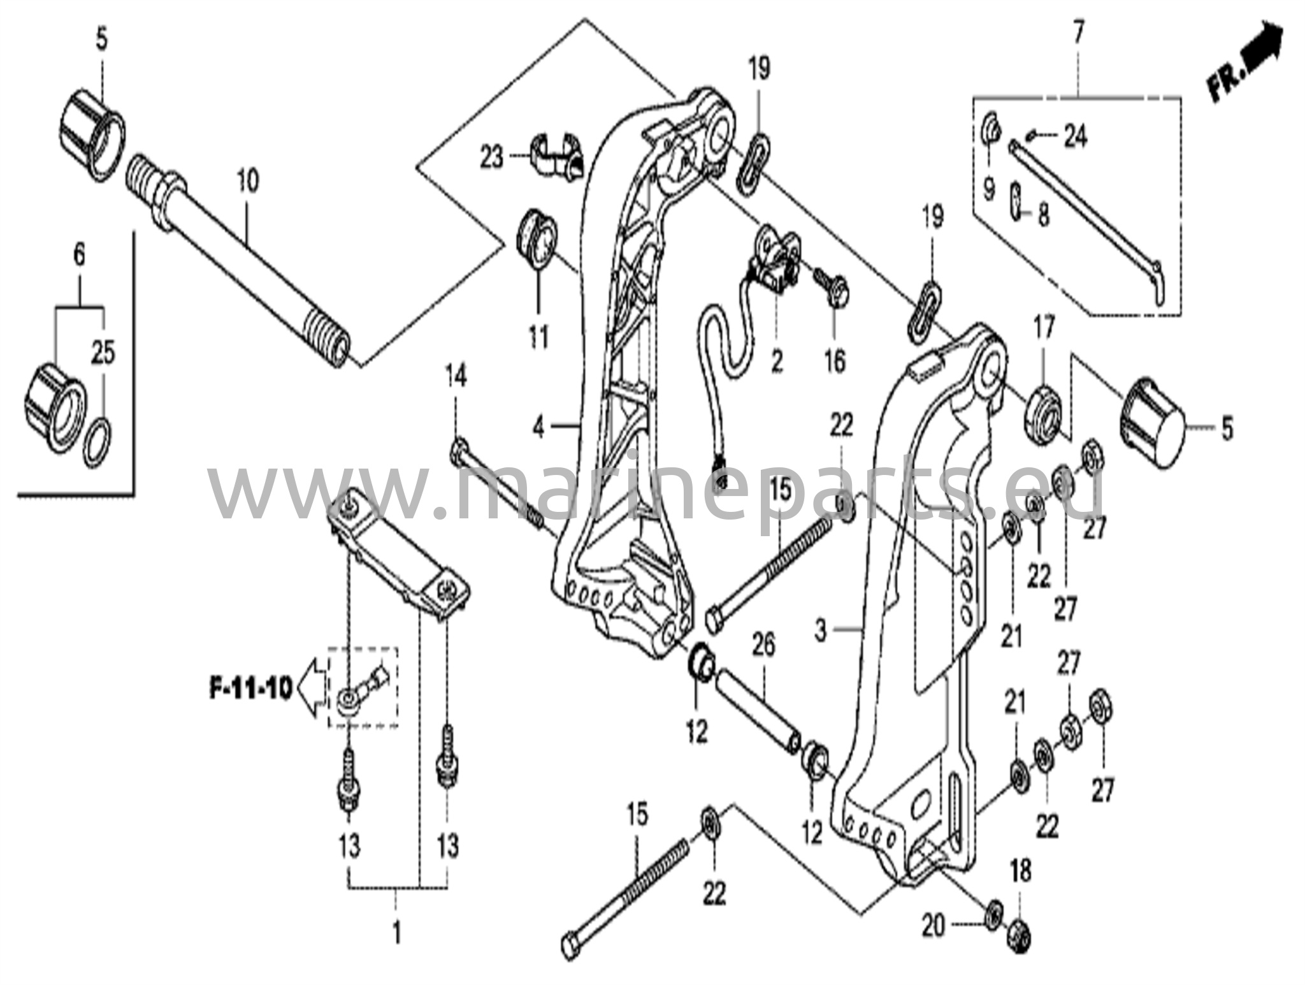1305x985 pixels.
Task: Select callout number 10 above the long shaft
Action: point(247,181)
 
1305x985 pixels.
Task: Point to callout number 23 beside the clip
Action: point(491,157)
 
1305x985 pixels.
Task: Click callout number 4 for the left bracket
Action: point(538,427)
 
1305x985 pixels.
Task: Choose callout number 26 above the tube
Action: point(763,645)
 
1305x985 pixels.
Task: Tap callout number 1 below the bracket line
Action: point(396,935)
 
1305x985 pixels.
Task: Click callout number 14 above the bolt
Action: point(455,376)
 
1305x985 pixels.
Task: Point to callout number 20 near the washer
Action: point(934,926)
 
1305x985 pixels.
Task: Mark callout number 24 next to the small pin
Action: point(1075,136)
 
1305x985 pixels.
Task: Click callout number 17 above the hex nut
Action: point(1044,329)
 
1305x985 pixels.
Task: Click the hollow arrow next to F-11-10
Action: point(312,689)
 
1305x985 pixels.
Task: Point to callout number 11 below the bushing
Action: point(538,336)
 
